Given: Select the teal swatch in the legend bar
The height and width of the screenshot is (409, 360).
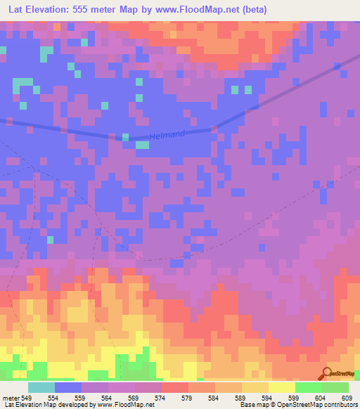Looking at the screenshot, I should tap(41, 387).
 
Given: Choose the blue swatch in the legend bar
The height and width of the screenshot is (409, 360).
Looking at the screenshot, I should tap(68, 387).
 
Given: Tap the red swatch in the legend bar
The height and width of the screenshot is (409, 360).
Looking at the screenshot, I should tap(174, 387).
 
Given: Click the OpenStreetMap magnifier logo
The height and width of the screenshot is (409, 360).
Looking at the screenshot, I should tap(326, 373).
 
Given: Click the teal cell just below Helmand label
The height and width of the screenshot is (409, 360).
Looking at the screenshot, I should tap(142, 145).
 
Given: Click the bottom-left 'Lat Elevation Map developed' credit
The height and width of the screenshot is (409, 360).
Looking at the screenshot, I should tap(77, 405).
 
